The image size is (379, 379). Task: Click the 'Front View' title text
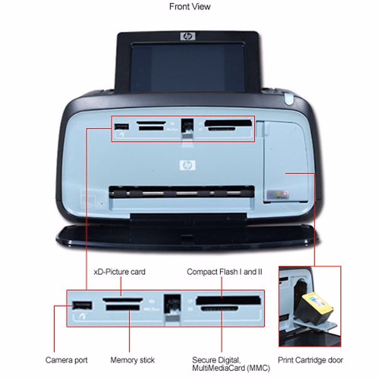click(189, 7)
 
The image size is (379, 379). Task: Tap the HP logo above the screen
click(188, 36)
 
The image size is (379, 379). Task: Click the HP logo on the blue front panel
click(188, 165)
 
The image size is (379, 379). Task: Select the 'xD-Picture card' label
click(120, 272)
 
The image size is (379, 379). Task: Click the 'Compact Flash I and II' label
click(224, 272)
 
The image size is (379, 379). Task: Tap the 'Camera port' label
click(66, 360)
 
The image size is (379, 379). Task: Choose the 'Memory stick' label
click(132, 360)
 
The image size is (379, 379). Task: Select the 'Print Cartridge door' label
click(310, 360)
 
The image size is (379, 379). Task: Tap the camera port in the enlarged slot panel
click(82, 305)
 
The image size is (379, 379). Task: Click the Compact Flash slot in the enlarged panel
click(228, 300)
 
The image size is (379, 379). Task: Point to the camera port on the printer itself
click(122, 127)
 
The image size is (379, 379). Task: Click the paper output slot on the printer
click(182, 192)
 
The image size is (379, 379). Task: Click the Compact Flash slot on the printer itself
click(228, 123)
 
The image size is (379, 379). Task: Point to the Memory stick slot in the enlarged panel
click(123, 307)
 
